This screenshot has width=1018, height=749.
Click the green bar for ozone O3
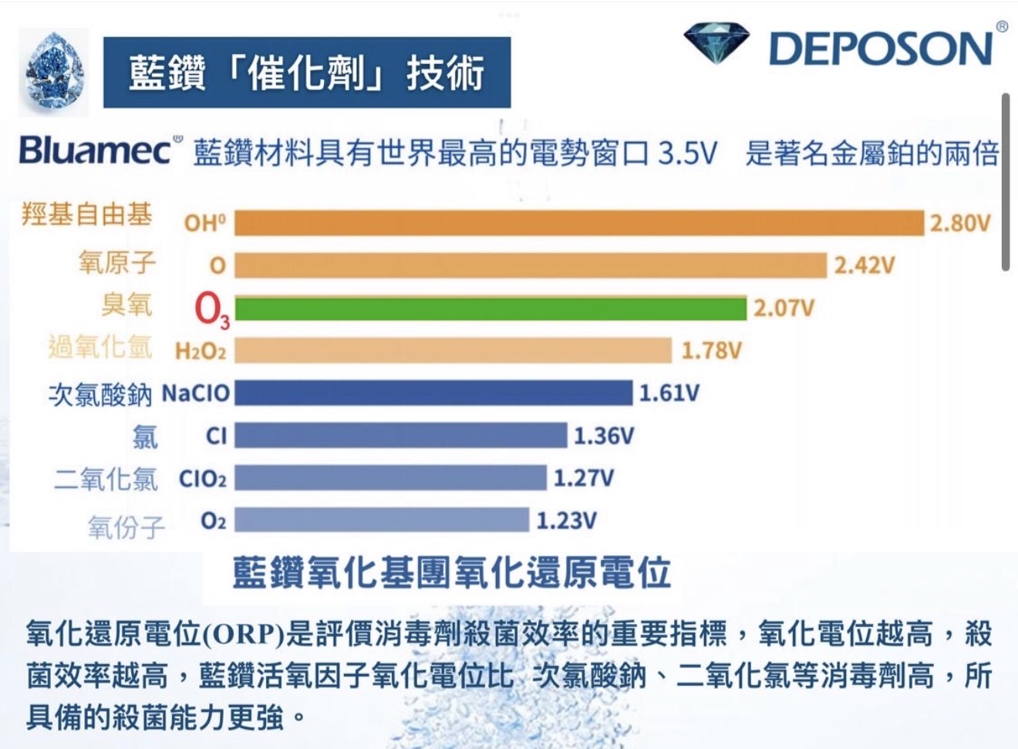click(x=490, y=309)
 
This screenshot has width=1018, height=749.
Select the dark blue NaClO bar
click(x=433, y=393)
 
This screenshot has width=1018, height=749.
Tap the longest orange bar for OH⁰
click(x=578, y=223)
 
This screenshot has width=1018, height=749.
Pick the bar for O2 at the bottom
click(x=382, y=520)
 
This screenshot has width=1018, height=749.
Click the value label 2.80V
click(x=959, y=224)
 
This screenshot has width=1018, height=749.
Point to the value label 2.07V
click(x=784, y=309)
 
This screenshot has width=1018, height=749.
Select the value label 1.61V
click(x=669, y=393)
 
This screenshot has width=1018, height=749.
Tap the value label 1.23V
click(x=567, y=521)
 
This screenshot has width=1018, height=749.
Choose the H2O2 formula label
click(x=201, y=352)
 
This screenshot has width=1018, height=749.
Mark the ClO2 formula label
click(x=203, y=479)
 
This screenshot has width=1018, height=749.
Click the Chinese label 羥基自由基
click(x=86, y=214)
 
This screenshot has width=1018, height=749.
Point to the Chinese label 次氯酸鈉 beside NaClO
click(x=100, y=394)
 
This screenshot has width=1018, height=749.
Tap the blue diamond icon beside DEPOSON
click(x=716, y=43)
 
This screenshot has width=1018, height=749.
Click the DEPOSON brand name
click(x=881, y=49)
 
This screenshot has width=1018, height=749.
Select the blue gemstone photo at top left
click(x=54, y=71)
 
